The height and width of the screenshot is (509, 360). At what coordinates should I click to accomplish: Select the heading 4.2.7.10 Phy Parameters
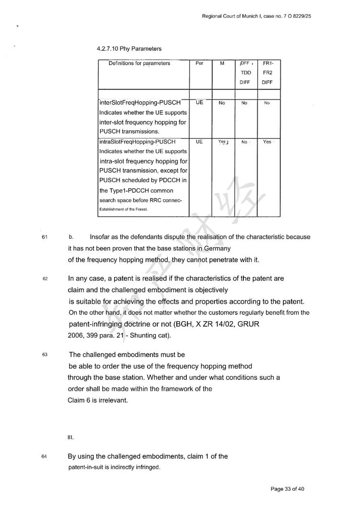[129, 48]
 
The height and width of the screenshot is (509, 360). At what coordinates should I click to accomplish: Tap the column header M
[222, 63]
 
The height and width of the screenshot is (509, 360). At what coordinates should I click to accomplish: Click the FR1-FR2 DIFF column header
[267, 73]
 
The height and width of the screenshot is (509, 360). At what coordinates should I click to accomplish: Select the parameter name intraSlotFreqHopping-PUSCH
[138, 142]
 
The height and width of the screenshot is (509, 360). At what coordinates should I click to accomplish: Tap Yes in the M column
[223, 142]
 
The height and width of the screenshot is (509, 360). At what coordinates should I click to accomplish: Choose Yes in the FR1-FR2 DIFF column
[267, 142]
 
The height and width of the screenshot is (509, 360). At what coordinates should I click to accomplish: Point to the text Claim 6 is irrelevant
[97, 400]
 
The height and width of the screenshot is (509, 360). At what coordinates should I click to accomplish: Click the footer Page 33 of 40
[288, 489]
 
